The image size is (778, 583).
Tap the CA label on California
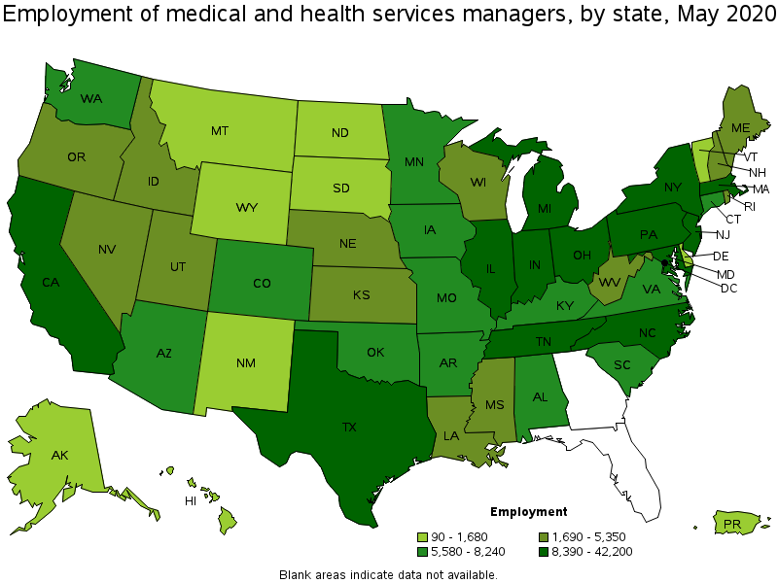(52, 283)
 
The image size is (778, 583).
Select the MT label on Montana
(220, 130)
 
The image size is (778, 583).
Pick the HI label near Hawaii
(191, 500)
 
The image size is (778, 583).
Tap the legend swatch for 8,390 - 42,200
(545, 552)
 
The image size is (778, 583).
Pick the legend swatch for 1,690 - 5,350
(545, 536)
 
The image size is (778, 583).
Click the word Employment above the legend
(528, 512)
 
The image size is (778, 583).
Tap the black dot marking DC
(665, 263)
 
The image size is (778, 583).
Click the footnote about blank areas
(388, 574)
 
